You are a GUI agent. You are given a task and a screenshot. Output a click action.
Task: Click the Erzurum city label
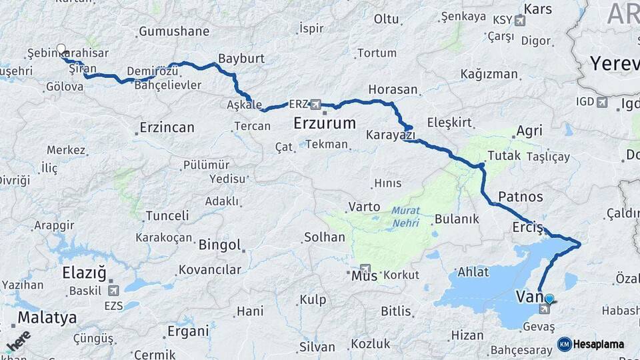(x=325, y=123)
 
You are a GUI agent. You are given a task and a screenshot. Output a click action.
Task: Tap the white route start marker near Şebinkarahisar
(x=61, y=49)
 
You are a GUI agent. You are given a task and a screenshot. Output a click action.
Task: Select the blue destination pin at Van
(x=549, y=299)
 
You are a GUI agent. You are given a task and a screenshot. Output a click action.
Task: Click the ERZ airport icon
(x=315, y=105)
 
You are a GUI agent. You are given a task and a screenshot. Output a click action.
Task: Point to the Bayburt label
(x=241, y=59)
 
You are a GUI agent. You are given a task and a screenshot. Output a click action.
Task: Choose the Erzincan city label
(x=167, y=127)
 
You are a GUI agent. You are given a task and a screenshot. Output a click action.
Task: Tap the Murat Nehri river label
(x=406, y=215)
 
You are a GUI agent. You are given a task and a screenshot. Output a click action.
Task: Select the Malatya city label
(x=47, y=317)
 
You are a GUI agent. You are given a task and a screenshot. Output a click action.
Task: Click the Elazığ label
(x=84, y=273)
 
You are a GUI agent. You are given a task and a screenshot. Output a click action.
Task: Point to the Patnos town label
(x=521, y=197)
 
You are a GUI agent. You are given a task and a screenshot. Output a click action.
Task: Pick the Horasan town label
(x=393, y=89)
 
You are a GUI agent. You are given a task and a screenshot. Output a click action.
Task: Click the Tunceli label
(x=167, y=215)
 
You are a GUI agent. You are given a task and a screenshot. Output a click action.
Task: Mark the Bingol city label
(x=219, y=245)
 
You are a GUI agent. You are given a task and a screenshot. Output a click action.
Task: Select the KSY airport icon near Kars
(x=520, y=21)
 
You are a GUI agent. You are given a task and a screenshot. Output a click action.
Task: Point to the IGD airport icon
(x=603, y=102)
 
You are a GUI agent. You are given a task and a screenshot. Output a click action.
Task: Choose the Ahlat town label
(x=473, y=272)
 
